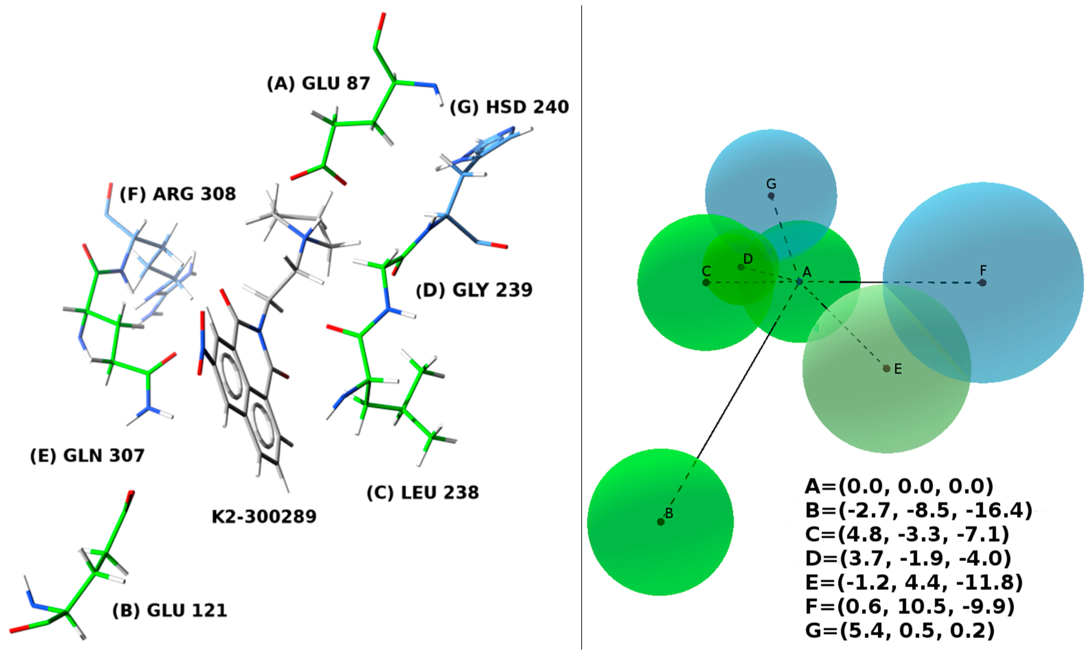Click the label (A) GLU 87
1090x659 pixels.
pos(318,83)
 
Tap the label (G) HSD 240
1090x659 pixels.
pos(509,107)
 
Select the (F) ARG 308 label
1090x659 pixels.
pos(178,194)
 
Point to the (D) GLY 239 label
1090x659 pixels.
pos(474,290)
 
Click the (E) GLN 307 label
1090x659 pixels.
pos(87,455)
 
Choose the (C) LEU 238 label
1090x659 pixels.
pos(423,492)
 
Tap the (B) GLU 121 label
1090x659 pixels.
pos(170,610)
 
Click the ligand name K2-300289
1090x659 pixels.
pos(264,516)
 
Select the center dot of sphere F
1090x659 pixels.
pos(982,282)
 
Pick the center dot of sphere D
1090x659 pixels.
pos(741,267)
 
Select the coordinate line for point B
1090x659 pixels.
pos(918,510)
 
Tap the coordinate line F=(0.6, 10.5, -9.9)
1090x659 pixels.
pos(909,606)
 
